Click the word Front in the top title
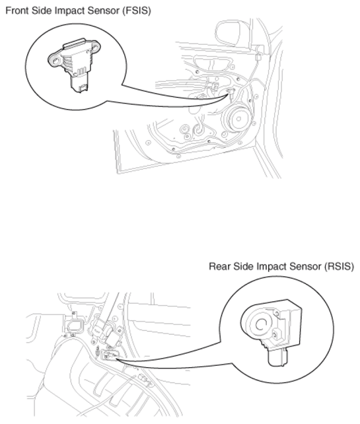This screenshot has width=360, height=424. (17, 11)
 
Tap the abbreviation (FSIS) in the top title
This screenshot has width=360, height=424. (136, 11)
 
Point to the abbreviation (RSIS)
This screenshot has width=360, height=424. (339, 267)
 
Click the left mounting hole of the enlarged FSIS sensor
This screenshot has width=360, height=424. (55, 61)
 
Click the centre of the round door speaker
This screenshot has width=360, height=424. (238, 119)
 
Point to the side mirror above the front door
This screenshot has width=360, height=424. (229, 33)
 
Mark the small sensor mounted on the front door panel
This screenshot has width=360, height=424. (231, 91)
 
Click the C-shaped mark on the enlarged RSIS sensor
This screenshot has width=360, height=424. (260, 324)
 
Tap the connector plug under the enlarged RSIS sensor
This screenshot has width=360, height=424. (278, 357)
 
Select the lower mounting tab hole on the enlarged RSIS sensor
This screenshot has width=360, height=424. (275, 336)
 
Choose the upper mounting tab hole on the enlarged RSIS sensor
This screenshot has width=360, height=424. (277, 314)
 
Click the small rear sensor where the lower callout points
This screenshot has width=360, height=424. (109, 355)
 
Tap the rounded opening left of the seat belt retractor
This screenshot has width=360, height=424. (74, 326)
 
